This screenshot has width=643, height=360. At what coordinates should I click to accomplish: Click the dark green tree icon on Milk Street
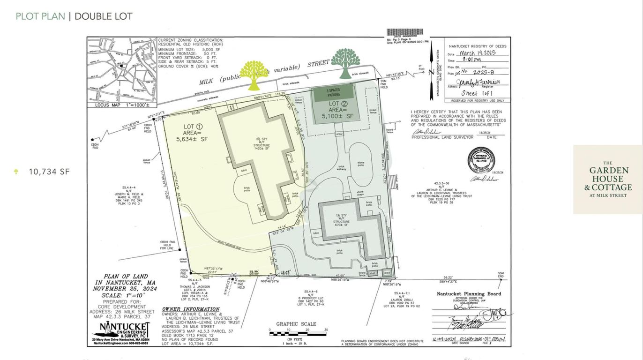click(x=345, y=63)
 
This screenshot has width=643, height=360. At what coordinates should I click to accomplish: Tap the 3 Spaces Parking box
click(x=334, y=93)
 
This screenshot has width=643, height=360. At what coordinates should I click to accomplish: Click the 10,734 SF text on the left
click(x=49, y=172)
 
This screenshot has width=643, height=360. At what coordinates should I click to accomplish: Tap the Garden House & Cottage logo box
click(x=608, y=179)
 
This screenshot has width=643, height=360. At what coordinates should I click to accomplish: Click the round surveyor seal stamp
click(x=481, y=160)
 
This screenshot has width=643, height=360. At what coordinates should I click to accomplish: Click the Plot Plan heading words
click(x=40, y=16)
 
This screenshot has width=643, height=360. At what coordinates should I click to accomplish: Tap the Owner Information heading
click(x=185, y=309)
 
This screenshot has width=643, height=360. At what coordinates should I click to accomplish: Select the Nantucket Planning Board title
click(x=469, y=294)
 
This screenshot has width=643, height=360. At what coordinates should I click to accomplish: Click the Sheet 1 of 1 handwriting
click(x=477, y=93)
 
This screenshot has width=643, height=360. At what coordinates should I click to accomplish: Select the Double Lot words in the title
click(x=104, y=16)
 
